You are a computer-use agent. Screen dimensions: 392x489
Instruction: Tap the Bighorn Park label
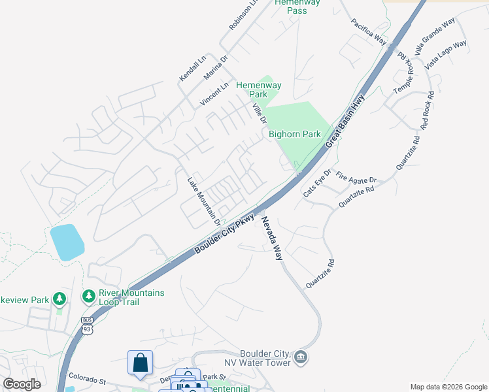(x=295, y=134)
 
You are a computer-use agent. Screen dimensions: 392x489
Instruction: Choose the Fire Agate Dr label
(x=356, y=179)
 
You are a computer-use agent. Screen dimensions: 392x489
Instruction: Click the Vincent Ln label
(x=214, y=95)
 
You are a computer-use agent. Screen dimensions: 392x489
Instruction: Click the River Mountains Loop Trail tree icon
(x=88, y=297)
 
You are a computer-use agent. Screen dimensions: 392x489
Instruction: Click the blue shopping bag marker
(x=140, y=363)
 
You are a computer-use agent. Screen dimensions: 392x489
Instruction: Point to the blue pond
(x=67, y=242)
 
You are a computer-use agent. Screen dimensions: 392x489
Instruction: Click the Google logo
(x=22, y=384)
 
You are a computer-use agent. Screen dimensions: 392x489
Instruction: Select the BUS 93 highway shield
(x=88, y=325)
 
